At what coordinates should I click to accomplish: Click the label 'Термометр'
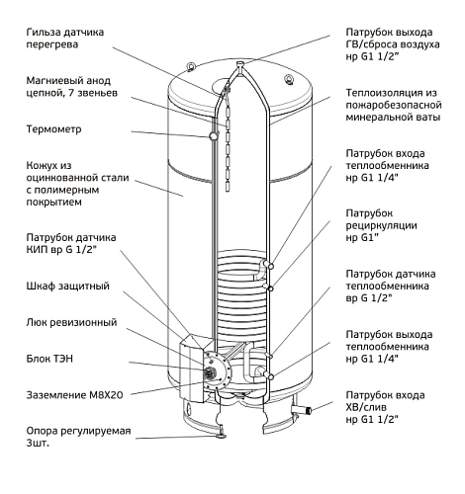click(x=53, y=129)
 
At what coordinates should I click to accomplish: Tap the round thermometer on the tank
click(x=213, y=135)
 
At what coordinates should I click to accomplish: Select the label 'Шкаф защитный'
click(x=67, y=286)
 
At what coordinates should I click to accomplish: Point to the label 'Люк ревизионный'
click(x=71, y=322)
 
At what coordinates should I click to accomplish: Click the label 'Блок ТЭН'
click(x=49, y=359)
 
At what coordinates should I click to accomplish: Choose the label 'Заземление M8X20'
click(x=74, y=395)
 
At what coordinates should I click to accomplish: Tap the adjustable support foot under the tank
click(x=220, y=434)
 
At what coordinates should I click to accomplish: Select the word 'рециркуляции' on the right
click(x=381, y=225)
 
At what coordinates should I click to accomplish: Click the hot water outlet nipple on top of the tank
click(x=240, y=63)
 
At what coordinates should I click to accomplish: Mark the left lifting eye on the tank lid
click(x=191, y=66)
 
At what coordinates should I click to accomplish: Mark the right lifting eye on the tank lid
click(x=289, y=80)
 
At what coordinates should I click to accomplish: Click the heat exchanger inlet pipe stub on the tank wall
click(x=267, y=265)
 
